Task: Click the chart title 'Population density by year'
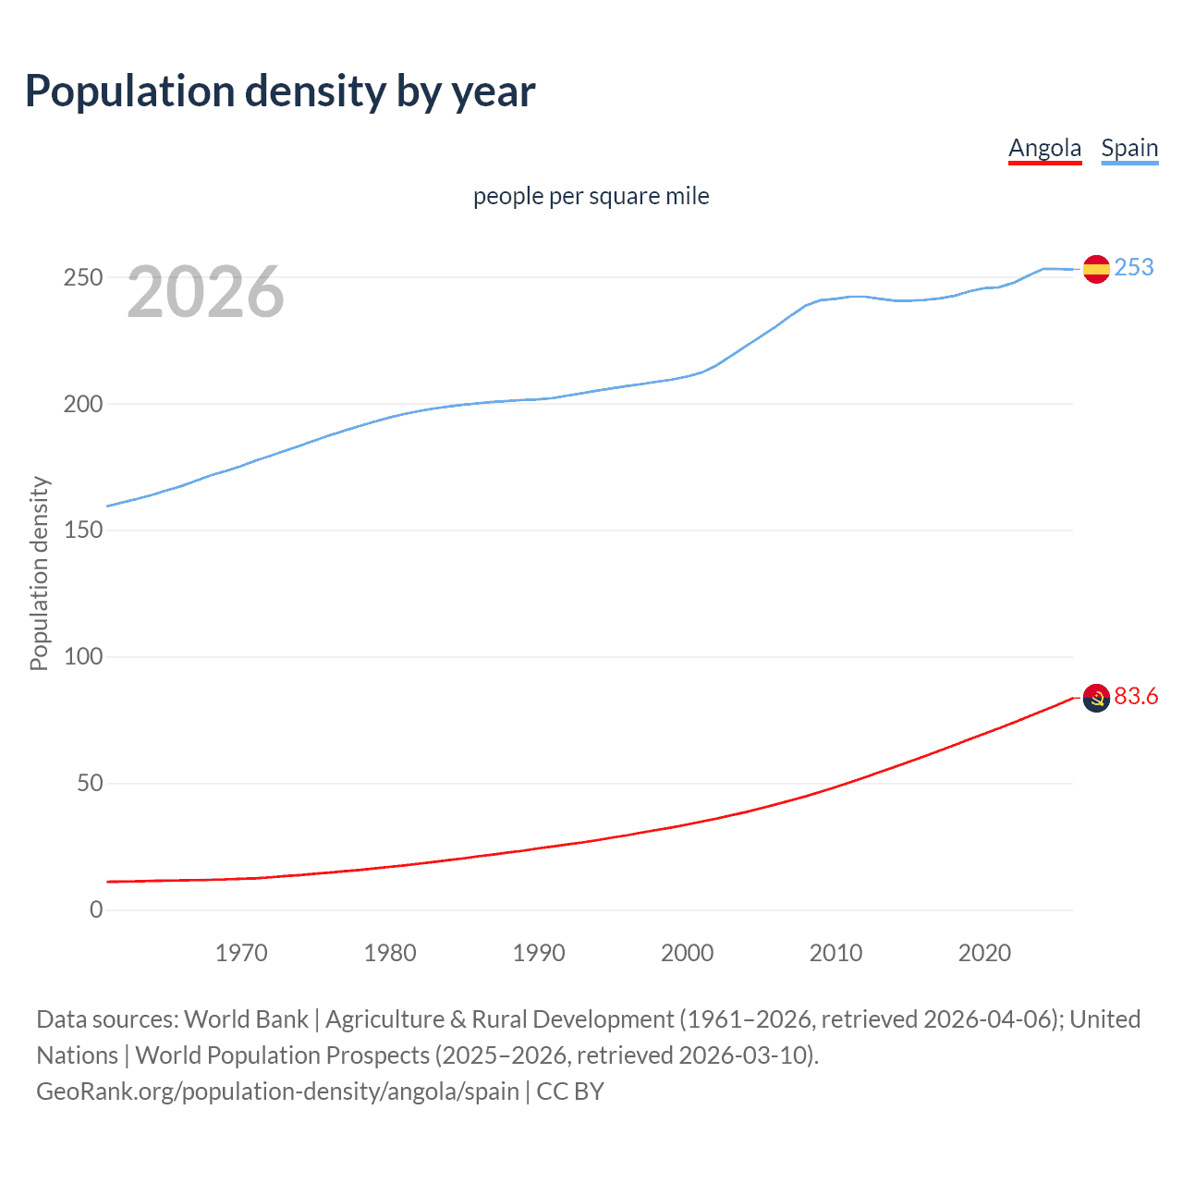(280, 91)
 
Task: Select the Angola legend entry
(1044, 148)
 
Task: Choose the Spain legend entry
(1129, 148)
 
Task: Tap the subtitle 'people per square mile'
(591, 196)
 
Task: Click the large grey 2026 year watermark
(205, 292)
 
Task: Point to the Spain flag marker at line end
(1096, 269)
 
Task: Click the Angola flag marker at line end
(1096, 699)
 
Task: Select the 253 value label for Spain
(1134, 267)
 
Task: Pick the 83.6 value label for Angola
(1136, 696)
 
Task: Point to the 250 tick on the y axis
(83, 277)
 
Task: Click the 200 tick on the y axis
(83, 404)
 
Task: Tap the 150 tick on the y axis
(83, 531)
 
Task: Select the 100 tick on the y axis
(83, 657)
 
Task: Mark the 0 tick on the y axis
(96, 909)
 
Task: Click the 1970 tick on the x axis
(241, 953)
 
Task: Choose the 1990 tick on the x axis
(539, 953)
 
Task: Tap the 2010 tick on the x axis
(835, 953)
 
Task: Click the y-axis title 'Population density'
(39, 573)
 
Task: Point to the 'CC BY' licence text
(570, 1092)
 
